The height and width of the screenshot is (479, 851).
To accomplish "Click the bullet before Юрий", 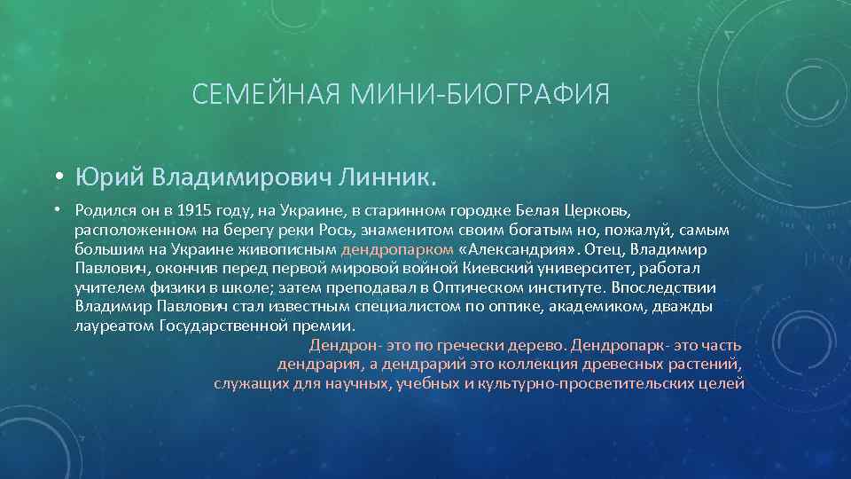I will (57, 178).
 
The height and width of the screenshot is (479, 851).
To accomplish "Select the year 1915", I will (196, 211).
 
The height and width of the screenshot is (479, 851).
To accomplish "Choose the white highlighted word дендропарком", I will (398, 249).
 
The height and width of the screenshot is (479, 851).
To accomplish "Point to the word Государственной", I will (214, 326).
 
